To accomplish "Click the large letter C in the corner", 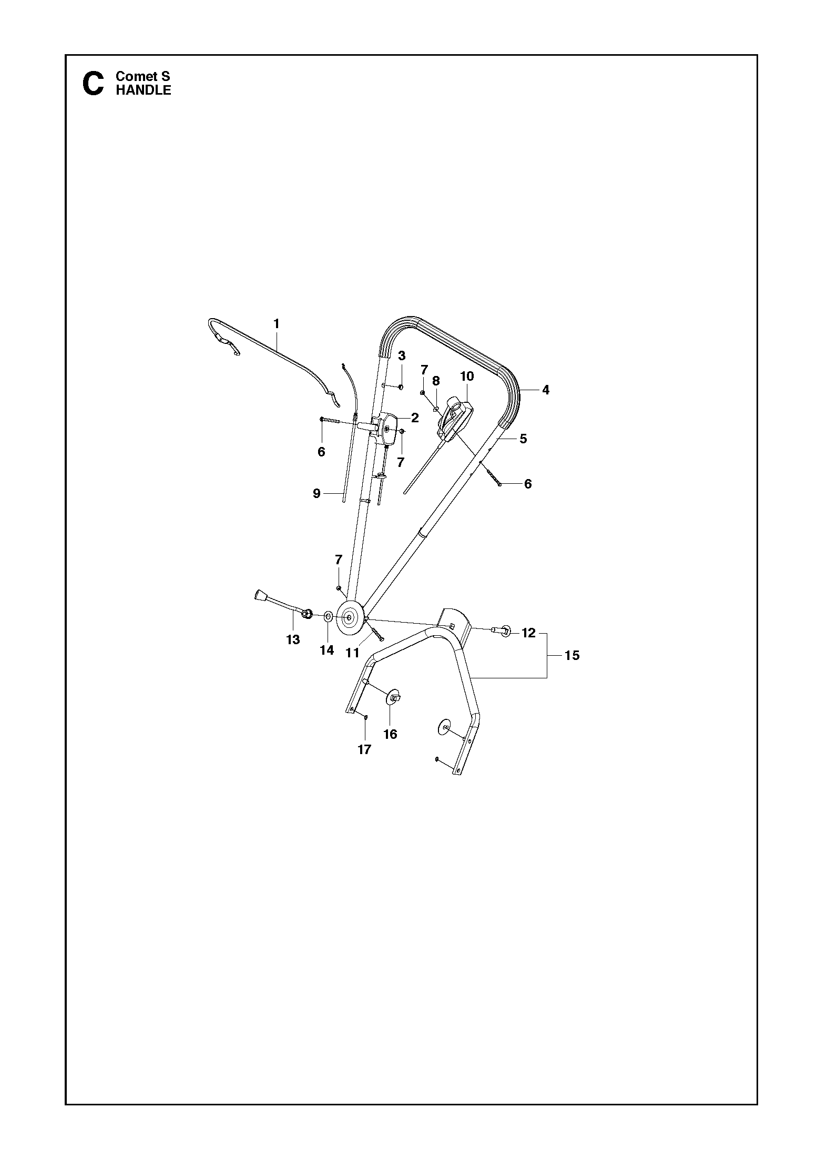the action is (94, 84).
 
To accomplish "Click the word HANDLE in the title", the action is (144, 90).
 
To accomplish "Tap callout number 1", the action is (277, 323).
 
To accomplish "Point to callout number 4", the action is (546, 390).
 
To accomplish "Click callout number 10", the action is (467, 376).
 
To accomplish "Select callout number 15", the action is (572, 655).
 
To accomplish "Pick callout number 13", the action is (293, 639).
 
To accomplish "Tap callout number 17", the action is (364, 750).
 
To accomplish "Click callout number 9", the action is (316, 493).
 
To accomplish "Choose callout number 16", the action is (390, 734).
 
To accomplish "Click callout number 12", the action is (529, 633).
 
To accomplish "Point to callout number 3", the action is (402, 355).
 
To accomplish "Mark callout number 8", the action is (436, 381).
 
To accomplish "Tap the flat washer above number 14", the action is (328, 616).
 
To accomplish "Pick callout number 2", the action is (415, 418).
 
